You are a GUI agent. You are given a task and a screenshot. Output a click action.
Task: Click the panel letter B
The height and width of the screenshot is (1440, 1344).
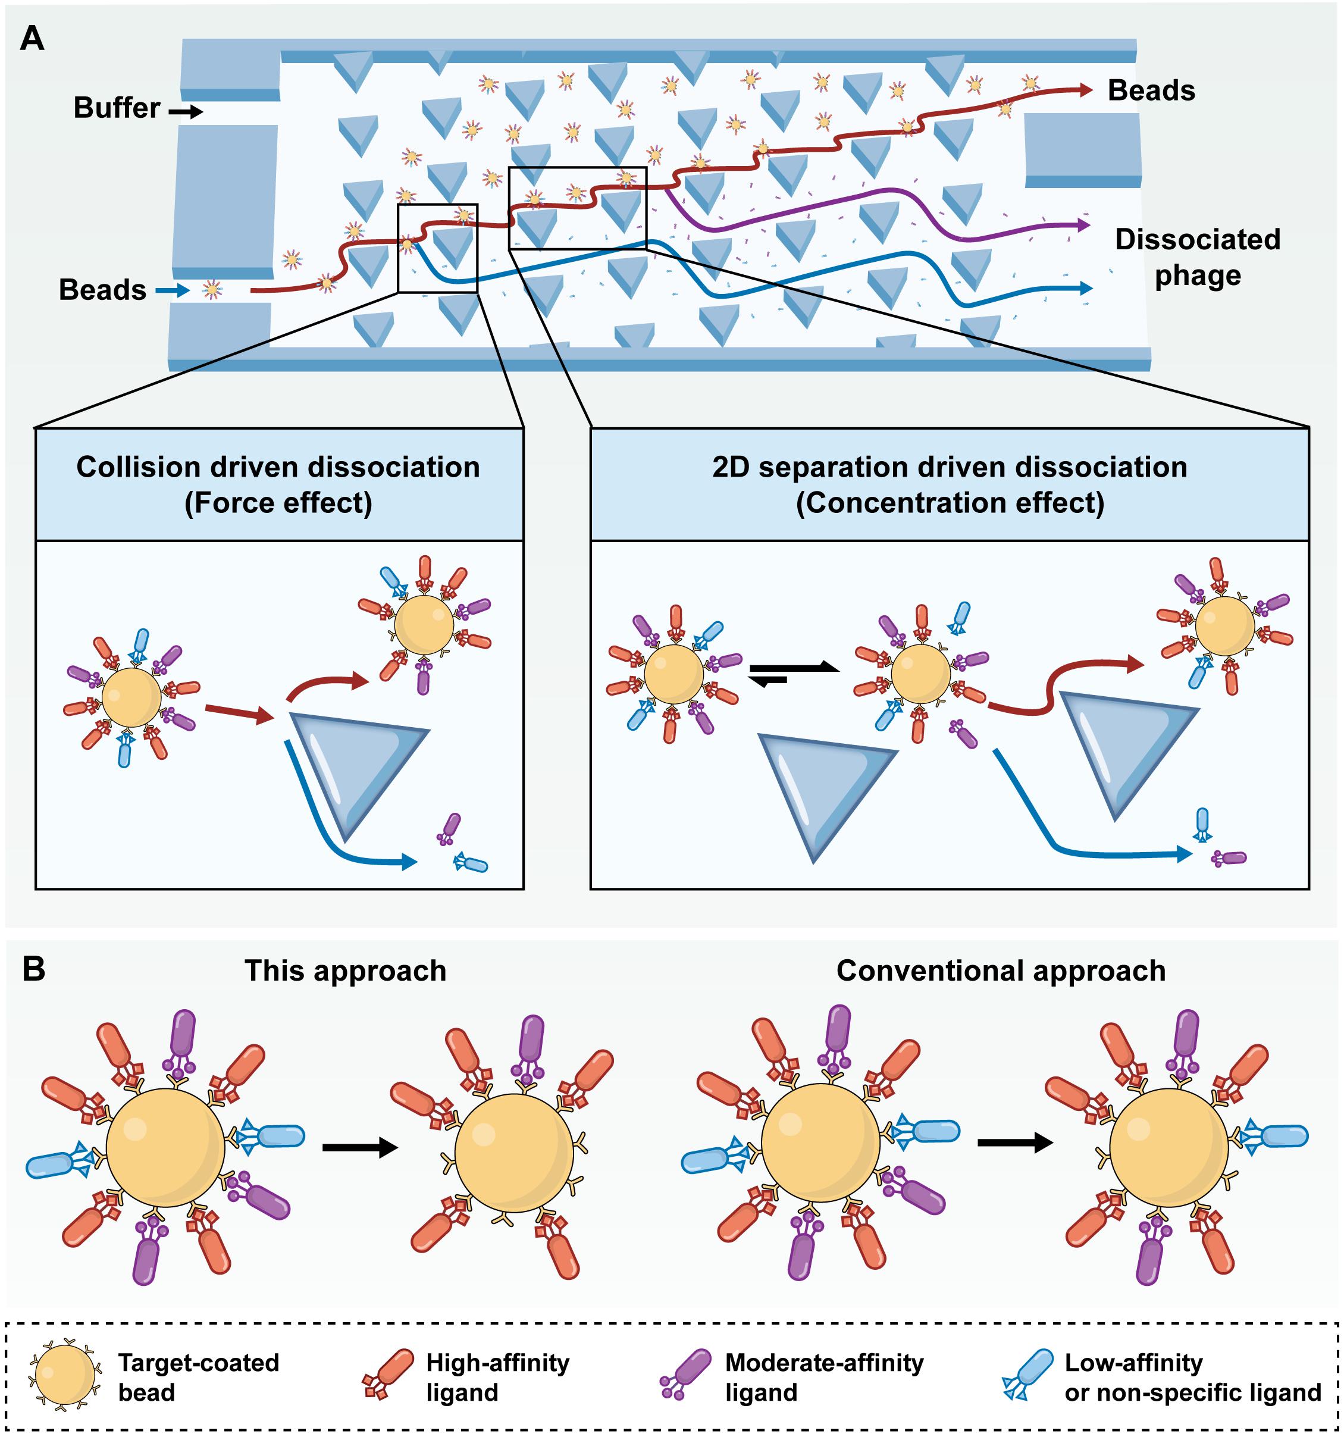[x=33, y=969]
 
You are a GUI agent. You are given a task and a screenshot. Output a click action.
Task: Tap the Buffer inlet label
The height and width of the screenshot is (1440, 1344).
[x=117, y=108]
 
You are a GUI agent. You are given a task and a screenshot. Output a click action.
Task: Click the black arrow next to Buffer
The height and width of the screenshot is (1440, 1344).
[x=186, y=111]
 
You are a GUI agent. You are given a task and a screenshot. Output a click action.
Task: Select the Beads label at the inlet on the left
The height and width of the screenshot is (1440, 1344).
[x=102, y=290]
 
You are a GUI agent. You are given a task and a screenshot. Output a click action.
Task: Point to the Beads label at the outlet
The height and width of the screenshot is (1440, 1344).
[x=1151, y=90]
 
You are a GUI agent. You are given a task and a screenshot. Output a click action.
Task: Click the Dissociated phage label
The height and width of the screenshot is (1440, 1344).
[x=1197, y=257]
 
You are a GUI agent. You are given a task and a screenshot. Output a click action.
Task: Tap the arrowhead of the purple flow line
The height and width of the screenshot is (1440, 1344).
[x=1083, y=226]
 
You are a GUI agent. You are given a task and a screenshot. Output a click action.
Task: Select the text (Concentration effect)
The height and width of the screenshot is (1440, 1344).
[x=950, y=503]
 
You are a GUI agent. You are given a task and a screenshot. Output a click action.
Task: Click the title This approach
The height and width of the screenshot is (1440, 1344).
[x=346, y=971]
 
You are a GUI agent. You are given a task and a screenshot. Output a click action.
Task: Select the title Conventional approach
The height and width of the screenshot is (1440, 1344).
[x=1001, y=971]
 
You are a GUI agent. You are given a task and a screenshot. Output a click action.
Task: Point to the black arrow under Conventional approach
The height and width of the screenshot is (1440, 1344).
[x=1015, y=1143]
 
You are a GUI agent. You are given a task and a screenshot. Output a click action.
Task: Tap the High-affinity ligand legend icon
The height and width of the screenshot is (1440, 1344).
[x=388, y=1373]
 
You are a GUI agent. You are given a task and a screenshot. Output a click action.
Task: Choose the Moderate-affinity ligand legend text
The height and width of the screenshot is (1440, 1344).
[x=824, y=1377]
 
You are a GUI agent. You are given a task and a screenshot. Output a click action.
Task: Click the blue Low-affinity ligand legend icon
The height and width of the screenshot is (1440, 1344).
[x=1027, y=1373]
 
